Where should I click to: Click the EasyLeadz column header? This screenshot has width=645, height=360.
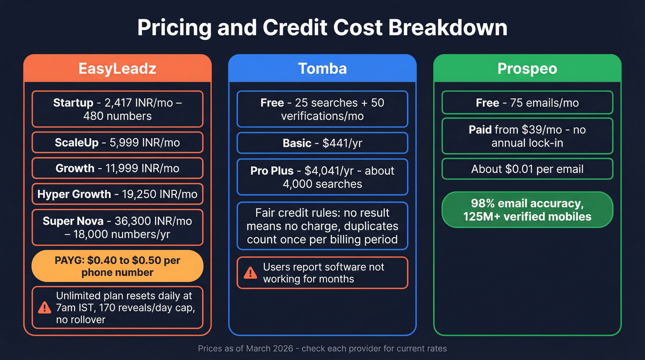coord(117,69)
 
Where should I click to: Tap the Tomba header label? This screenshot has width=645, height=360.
coord(322,69)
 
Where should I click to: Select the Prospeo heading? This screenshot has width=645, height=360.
coord(527,69)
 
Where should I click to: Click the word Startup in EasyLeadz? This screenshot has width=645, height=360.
coord(73,102)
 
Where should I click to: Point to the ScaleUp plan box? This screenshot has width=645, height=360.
coord(117,142)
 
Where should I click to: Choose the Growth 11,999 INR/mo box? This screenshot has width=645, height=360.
coord(117,168)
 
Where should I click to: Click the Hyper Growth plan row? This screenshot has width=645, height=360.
coord(117,194)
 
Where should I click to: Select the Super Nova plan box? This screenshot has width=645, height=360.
coord(117,227)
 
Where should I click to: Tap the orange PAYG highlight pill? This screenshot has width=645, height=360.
coord(117,266)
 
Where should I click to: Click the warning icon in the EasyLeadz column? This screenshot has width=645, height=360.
coord(44,307)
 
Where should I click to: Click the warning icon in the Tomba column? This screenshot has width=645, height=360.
coord(250,273)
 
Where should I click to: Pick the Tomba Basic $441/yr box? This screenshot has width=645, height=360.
coord(322,143)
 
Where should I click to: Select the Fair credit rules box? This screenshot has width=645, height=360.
coord(322,226)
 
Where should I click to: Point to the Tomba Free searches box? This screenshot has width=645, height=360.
coord(322,109)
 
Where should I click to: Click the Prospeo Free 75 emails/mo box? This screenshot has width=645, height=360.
coord(527,102)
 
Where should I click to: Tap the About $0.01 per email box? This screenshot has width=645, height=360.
coord(527,169)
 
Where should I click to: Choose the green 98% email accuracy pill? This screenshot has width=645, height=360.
coord(527,210)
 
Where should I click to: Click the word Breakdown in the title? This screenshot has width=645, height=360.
coord(447,28)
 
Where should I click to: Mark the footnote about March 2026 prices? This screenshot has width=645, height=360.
coord(322,348)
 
